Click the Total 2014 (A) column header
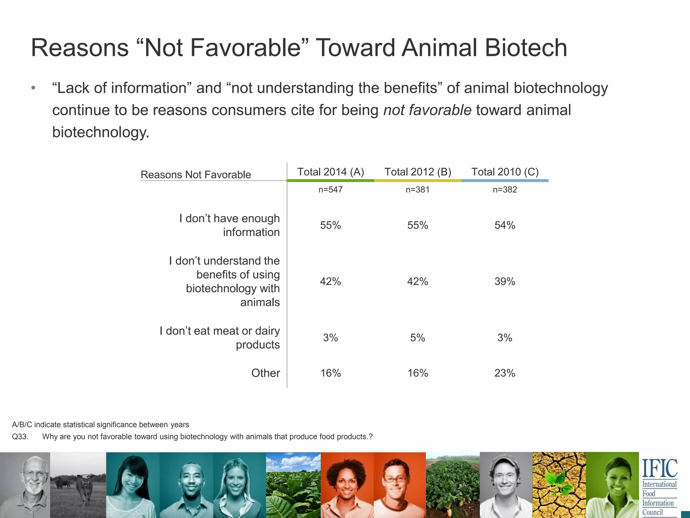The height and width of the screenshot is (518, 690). (331, 172)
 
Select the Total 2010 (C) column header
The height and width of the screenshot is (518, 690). (505, 172)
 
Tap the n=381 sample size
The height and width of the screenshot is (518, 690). (417, 190)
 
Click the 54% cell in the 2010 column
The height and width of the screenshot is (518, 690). (505, 225)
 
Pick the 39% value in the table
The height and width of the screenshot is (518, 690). (505, 281)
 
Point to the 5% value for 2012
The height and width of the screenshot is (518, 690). (417, 338)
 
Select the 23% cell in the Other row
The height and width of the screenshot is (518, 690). (505, 373)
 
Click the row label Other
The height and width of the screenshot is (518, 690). (265, 373)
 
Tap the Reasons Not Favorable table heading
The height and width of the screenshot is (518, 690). (196, 175)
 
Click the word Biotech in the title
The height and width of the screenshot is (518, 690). (526, 48)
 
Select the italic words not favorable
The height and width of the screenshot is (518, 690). (427, 110)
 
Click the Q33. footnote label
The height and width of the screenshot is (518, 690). (20, 437)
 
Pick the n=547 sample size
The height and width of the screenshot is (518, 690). (331, 190)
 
